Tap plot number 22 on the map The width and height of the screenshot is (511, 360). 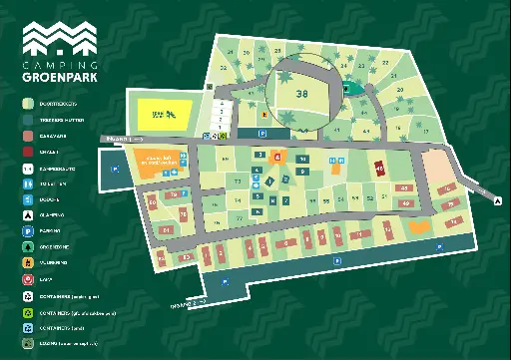(385, 63)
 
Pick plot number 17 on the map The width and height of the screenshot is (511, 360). (426, 131)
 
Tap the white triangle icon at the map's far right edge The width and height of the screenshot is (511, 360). (497, 200)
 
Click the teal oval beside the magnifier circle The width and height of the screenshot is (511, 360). (346, 88)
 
